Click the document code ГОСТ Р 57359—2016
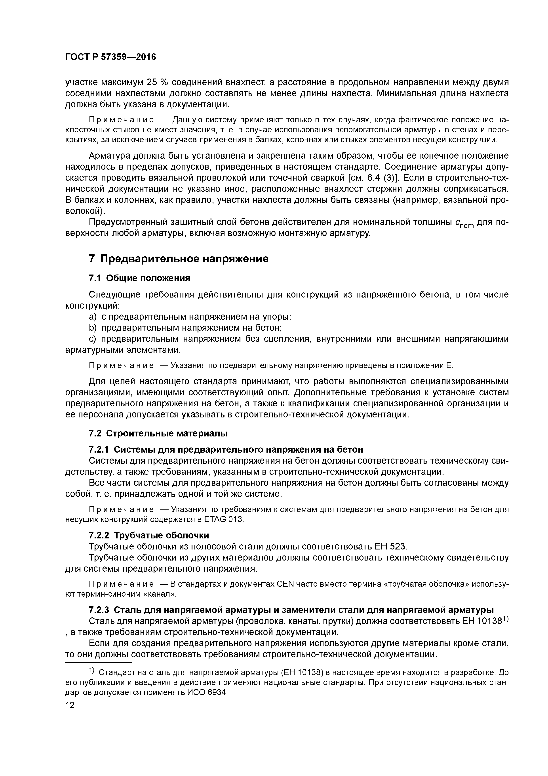click(x=110, y=57)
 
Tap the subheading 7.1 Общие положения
click(x=139, y=278)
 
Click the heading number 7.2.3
click(x=99, y=610)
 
